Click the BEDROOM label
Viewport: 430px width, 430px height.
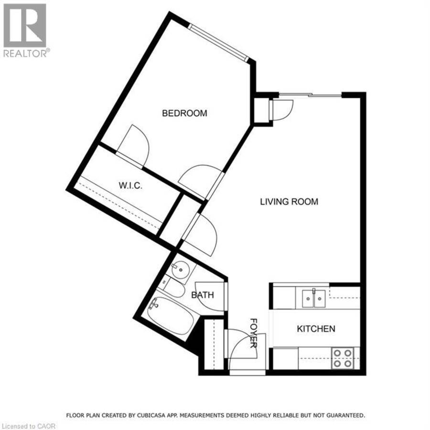point(184,113)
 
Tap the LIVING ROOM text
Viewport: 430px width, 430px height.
point(289,202)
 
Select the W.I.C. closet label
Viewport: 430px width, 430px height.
point(130,186)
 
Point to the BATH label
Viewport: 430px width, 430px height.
point(203,295)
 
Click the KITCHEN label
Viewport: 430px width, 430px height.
point(316,329)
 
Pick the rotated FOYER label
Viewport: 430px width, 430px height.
point(253,333)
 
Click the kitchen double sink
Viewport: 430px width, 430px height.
point(314,298)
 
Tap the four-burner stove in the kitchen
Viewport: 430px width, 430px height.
point(343,358)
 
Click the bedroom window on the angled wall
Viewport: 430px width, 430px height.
point(218,43)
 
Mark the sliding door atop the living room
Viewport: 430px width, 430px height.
point(310,95)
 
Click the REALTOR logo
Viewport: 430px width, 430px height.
point(25,30)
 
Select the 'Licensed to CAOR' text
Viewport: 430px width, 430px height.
point(28,426)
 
